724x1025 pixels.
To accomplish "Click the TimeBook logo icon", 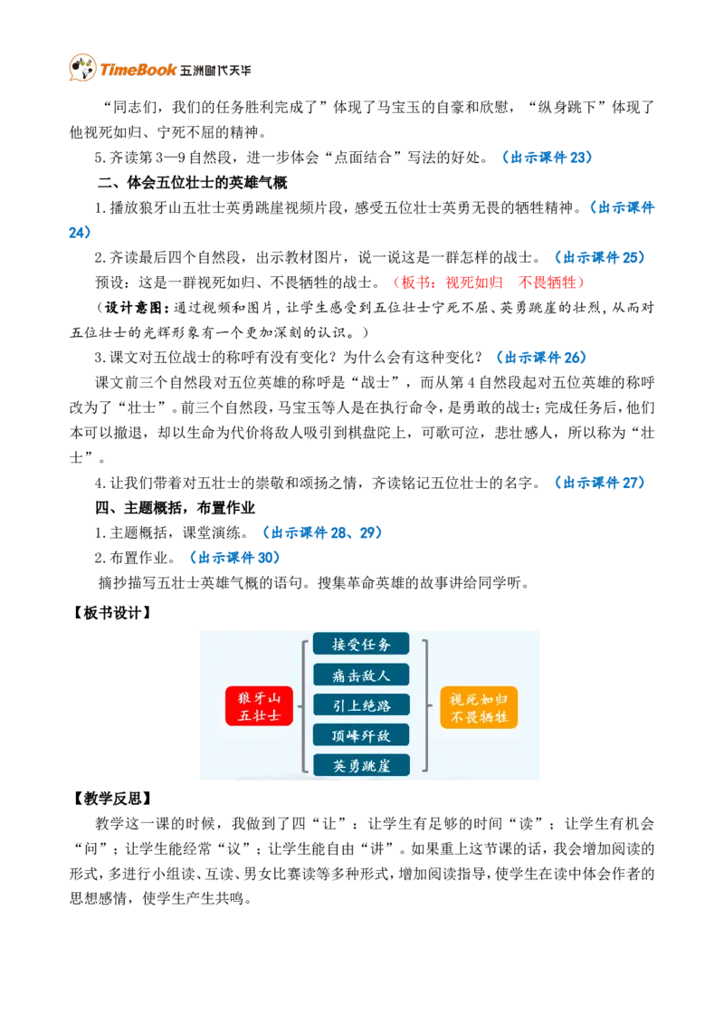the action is coord(83,67).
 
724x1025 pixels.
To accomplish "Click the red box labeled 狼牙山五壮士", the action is coord(259,706).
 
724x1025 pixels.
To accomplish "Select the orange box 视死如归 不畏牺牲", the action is coord(479,707).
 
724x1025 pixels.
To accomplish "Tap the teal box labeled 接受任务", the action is coord(361,644).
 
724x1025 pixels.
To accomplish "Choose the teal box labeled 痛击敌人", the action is coord(361,675).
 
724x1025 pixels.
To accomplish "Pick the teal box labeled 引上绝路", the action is coord(361,704).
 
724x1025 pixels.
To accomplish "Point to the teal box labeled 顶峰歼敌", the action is coord(361,735).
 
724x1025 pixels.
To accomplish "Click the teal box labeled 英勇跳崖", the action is coord(361,765).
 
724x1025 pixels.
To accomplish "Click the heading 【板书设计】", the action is coord(111,612).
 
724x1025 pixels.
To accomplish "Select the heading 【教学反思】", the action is coord(111,798).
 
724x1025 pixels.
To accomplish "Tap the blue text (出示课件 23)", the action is coord(547,158).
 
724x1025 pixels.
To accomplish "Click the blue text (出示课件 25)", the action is coord(599,257).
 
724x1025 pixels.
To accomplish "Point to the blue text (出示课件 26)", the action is coord(541,358).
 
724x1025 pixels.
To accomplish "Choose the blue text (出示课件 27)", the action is coord(599,484).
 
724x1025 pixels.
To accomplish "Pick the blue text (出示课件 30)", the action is coord(234,558).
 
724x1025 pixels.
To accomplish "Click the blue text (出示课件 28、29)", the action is coord(322,532).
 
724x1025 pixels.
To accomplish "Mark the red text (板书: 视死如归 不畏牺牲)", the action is coord(489,283).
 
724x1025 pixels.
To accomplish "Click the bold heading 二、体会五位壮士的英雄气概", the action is coord(192,182).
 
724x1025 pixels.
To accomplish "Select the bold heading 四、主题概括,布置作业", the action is coord(176,508).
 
